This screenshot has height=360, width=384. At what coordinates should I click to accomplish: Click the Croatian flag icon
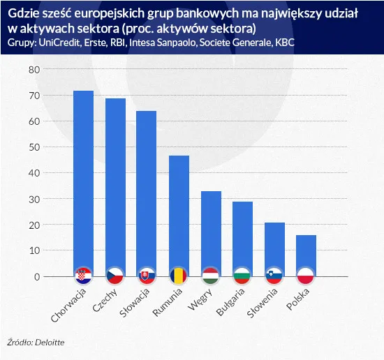click(x=84, y=276)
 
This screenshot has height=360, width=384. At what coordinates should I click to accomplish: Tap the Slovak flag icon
click(x=147, y=276)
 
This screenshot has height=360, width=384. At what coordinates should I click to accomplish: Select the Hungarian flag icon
click(x=211, y=276)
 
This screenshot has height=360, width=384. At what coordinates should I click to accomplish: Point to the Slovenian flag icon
click(x=274, y=276)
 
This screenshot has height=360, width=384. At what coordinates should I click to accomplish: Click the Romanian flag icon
click(x=179, y=276)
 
